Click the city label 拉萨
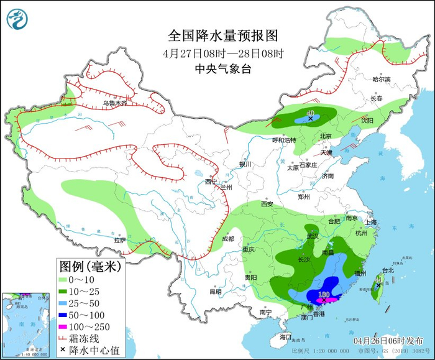point(119,239)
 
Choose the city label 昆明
point(215,291)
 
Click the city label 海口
point(285,336)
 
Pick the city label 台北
point(388,270)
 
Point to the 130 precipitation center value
point(323,293)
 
